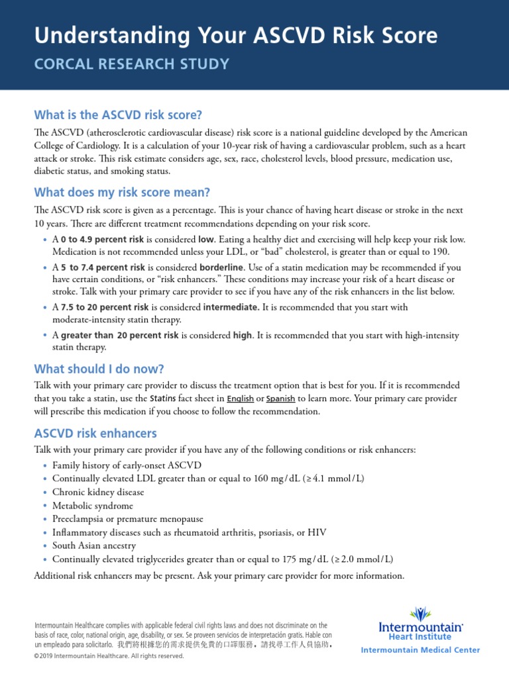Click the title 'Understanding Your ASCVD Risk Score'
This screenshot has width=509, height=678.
coord(235,35)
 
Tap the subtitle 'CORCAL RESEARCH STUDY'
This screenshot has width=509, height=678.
coord(132,64)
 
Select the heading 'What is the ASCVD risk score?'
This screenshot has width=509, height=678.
coord(117,114)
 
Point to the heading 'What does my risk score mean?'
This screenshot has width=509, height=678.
coord(121,193)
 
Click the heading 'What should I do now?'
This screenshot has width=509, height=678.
coord(98,368)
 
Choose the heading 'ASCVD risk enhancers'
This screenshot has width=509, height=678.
coord(95,433)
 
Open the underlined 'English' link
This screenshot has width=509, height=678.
coord(240,399)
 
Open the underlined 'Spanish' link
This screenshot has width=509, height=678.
coord(281,399)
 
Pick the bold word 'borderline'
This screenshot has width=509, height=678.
coord(223,267)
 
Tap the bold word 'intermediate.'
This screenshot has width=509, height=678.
coord(231,307)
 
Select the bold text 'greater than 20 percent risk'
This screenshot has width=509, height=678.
coord(119,336)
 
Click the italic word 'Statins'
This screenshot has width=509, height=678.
coord(163,399)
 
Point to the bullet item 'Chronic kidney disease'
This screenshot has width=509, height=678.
coord(98,493)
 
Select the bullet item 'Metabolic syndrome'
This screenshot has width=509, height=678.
coord(93,506)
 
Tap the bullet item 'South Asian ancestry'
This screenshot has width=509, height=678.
coord(94,546)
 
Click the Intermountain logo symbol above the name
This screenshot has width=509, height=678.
coord(420,614)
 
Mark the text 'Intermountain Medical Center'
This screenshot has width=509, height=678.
coord(420,650)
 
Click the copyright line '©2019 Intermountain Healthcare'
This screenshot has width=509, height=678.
coord(108,656)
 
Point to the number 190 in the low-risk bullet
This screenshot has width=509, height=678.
coord(442,252)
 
